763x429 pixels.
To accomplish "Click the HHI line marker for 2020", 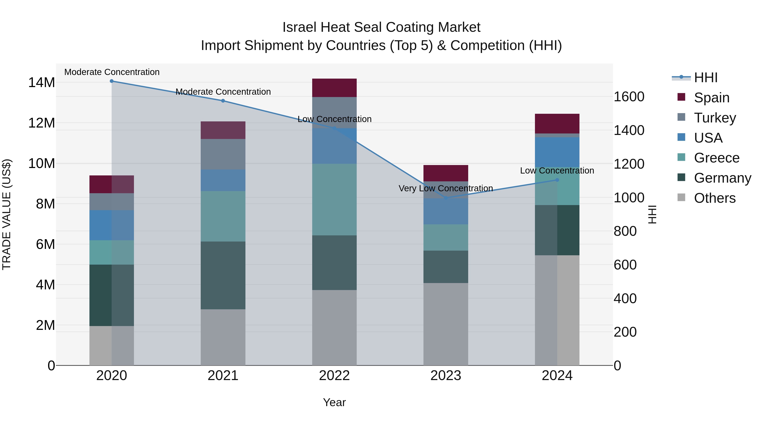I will (x=112, y=81).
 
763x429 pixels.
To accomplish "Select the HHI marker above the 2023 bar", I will (x=446, y=198).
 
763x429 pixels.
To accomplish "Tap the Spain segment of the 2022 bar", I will (x=334, y=88).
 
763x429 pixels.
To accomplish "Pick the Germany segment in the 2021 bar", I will (x=223, y=275).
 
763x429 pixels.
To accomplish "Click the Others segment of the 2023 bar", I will (x=446, y=324).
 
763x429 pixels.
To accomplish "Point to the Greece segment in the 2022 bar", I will (x=334, y=200).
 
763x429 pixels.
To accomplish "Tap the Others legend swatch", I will (x=681, y=197).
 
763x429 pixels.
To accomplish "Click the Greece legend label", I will (x=717, y=158).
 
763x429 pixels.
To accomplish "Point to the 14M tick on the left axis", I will (x=42, y=83).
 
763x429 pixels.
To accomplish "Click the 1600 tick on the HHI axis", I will (x=629, y=97).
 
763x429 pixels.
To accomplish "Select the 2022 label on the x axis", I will (x=334, y=376).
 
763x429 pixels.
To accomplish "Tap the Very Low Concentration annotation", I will (x=446, y=188).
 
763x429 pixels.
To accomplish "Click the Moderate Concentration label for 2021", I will (x=223, y=92).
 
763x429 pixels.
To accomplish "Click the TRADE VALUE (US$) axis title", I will (x=7, y=214).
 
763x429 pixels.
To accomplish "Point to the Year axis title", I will (x=334, y=402).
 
